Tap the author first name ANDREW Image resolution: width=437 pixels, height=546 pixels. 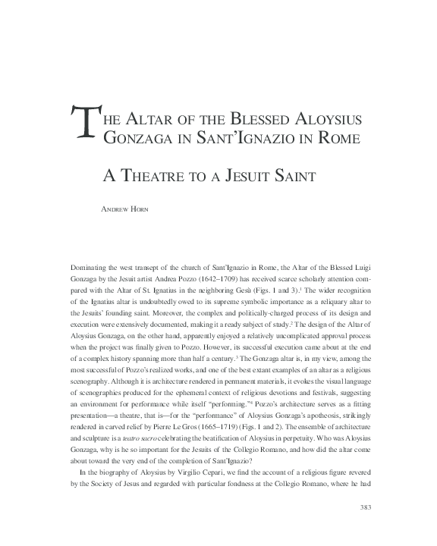click(116, 204)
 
